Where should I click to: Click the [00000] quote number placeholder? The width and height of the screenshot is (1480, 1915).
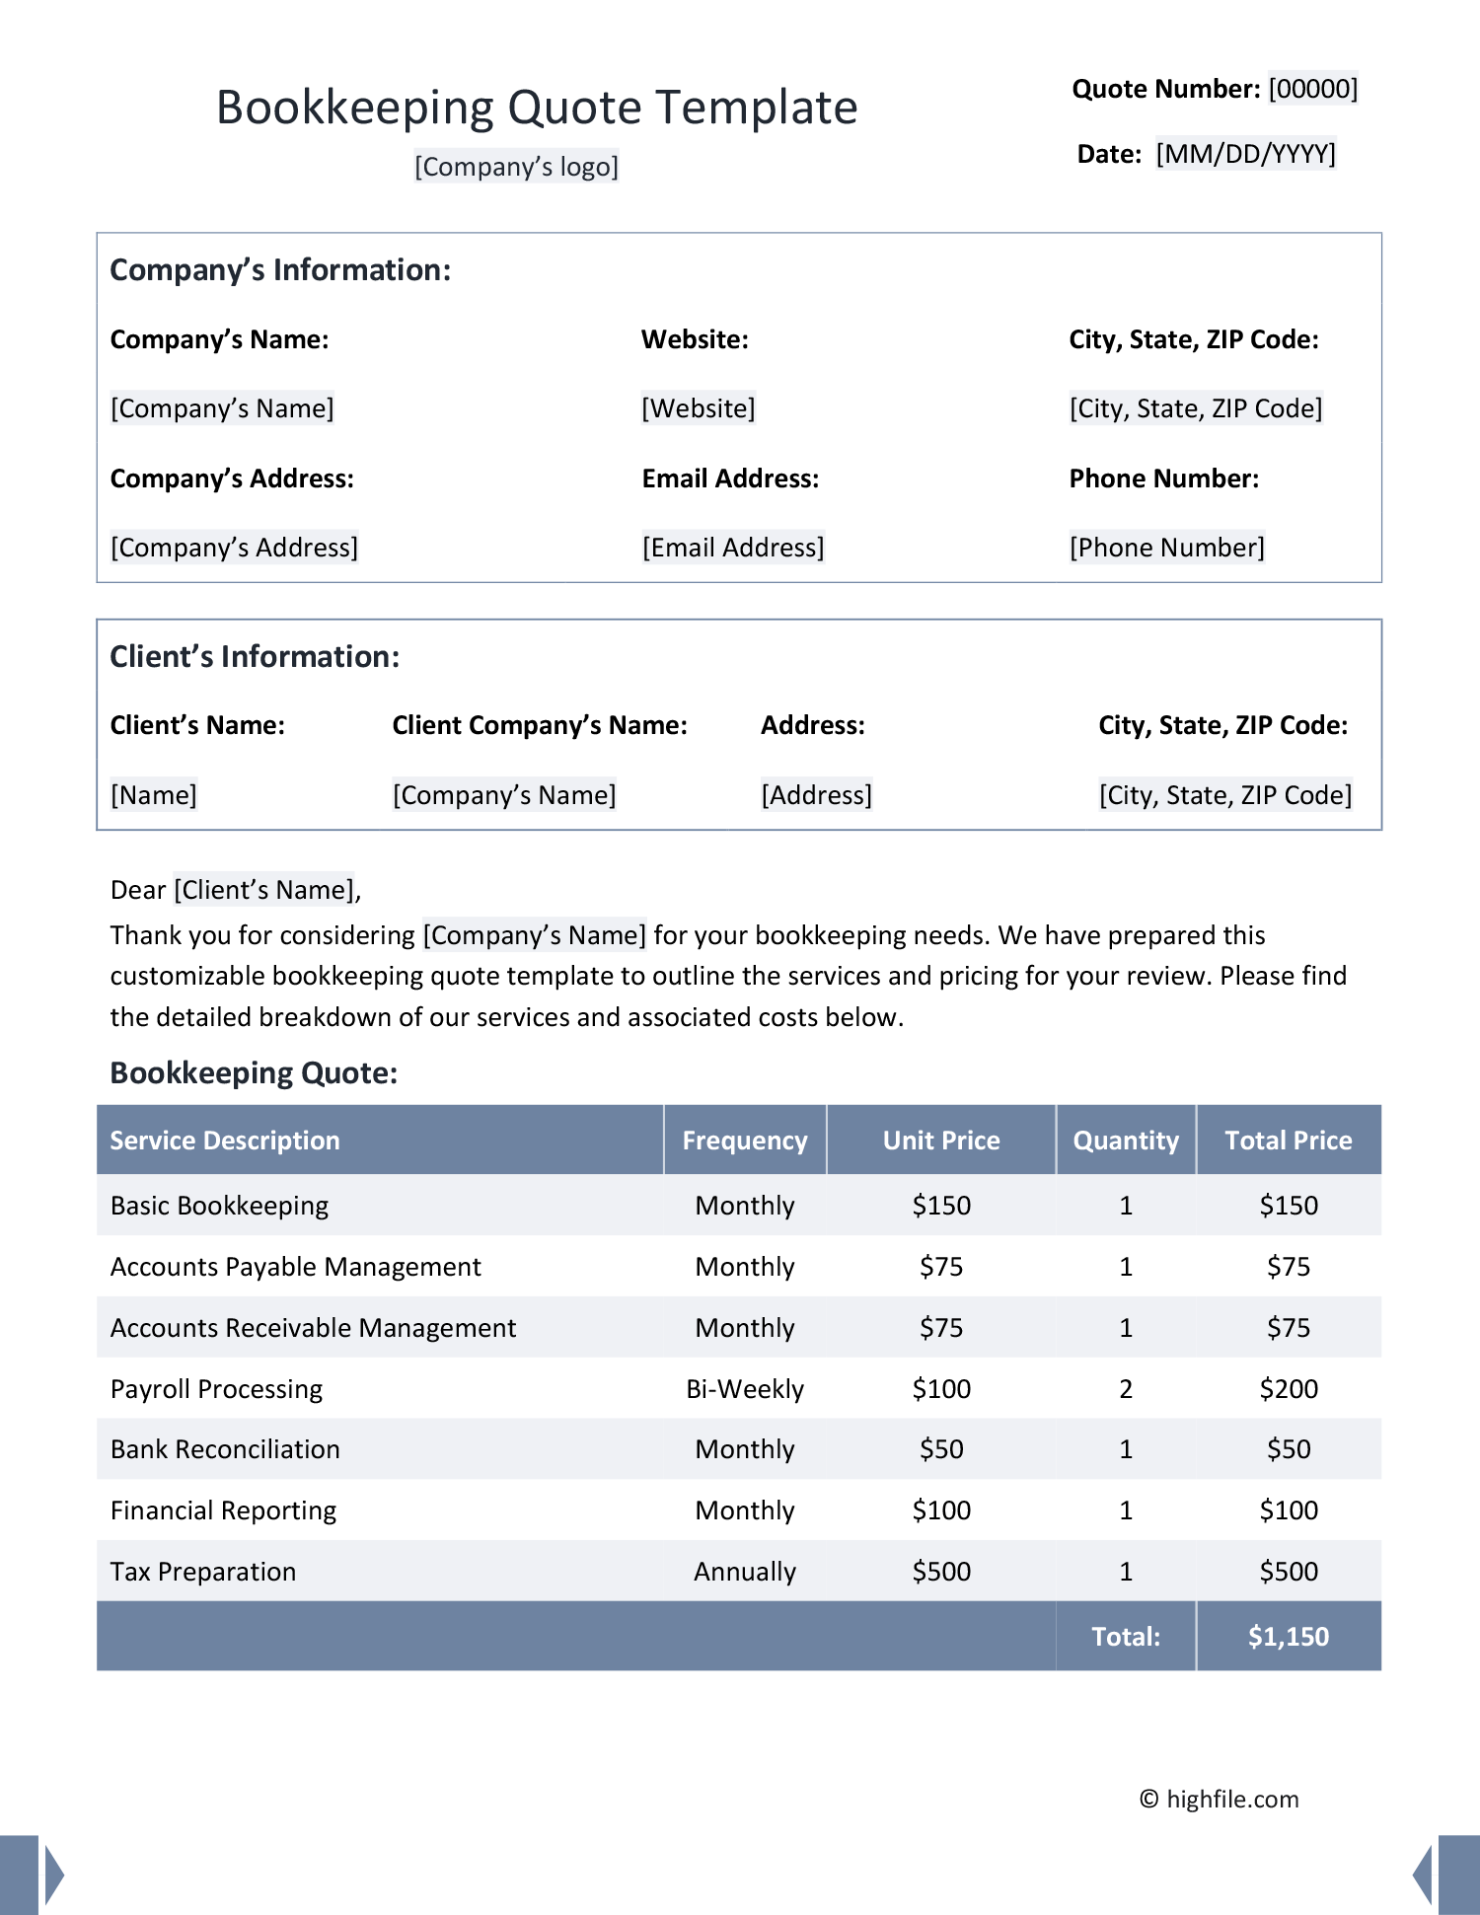click(x=1312, y=89)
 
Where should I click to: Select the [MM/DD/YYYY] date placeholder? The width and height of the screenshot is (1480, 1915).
click(x=1245, y=154)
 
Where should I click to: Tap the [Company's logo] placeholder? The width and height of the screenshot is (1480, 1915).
click(x=516, y=167)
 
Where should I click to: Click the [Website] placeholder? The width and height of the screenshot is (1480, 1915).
click(x=699, y=408)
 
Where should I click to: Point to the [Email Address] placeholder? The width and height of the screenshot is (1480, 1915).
click(x=733, y=548)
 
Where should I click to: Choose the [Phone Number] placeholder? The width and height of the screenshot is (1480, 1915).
click(x=1166, y=548)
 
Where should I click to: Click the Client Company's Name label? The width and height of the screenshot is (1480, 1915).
click(x=540, y=725)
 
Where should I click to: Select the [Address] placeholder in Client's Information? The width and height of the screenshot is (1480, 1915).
click(x=816, y=795)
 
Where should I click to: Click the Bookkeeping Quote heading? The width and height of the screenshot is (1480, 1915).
click(x=254, y=1072)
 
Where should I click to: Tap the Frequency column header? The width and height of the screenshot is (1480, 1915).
click(x=745, y=1141)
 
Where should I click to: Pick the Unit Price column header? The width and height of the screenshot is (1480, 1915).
click(x=941, y=1141)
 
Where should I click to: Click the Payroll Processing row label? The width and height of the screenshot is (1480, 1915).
click(x=216, y=1389)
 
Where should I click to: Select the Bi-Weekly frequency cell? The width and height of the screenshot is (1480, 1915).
click(x=745, y=1389)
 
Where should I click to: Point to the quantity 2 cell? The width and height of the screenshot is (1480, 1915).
click(x=1126, y=1389)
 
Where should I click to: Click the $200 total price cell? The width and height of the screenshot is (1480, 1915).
click(x=1289, y=1389)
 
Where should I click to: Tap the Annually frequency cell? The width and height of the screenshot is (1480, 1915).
click(x=745, y=1572)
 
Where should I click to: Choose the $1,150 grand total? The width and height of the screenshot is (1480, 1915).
click(x=1289, y=1637)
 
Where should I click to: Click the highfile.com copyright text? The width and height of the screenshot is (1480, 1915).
click(x=1220, y=1799)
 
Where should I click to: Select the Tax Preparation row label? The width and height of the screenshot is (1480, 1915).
click(x=203, y=1572)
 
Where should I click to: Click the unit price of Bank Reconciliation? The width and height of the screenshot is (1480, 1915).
click(x=941, y=1449)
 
